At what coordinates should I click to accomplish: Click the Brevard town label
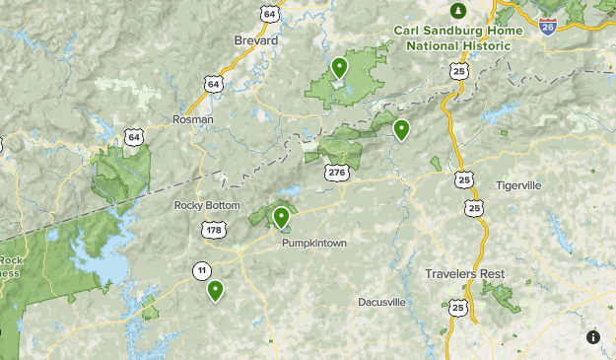256,39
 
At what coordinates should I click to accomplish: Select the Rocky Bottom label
207,205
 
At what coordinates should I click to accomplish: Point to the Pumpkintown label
314,243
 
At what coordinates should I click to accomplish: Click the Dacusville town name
381,302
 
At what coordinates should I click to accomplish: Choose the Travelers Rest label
463,273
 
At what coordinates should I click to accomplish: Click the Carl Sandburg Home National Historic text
458,36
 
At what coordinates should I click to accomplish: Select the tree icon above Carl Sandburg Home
457,11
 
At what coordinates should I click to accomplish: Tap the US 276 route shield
337,173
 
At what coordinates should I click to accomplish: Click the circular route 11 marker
201,270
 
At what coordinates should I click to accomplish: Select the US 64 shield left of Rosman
134,137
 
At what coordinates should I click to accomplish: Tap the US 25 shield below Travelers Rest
457,309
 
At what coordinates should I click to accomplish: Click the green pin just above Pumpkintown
281,216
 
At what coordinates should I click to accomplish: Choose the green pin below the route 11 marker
215,290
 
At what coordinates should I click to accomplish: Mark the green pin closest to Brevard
339,67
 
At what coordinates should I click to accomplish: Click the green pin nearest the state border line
401,128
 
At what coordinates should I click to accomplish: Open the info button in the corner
593,337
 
